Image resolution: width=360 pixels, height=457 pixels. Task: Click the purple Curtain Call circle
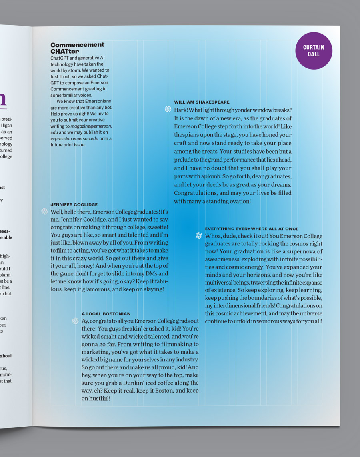tap(314, 50)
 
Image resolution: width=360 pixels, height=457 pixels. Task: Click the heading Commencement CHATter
tap(77, 48)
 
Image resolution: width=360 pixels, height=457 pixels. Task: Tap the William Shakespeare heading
tap(202, 102)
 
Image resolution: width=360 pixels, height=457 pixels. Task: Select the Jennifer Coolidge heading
tap(74, 204)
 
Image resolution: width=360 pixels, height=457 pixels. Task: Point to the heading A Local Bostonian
tap(106, 314)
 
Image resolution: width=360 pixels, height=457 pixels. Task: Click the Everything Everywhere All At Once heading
tap(252, 229)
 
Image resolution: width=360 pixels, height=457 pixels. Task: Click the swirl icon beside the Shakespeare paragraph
tap(168, 109)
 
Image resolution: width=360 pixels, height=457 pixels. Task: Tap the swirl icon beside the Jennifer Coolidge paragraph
tap(44, 211)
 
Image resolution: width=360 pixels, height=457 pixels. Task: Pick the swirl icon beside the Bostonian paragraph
tap(75, 321)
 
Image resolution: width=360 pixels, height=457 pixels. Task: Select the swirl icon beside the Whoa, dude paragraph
tap(199, 235)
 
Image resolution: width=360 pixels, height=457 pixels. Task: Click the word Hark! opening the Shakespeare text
tap(180, 110)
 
